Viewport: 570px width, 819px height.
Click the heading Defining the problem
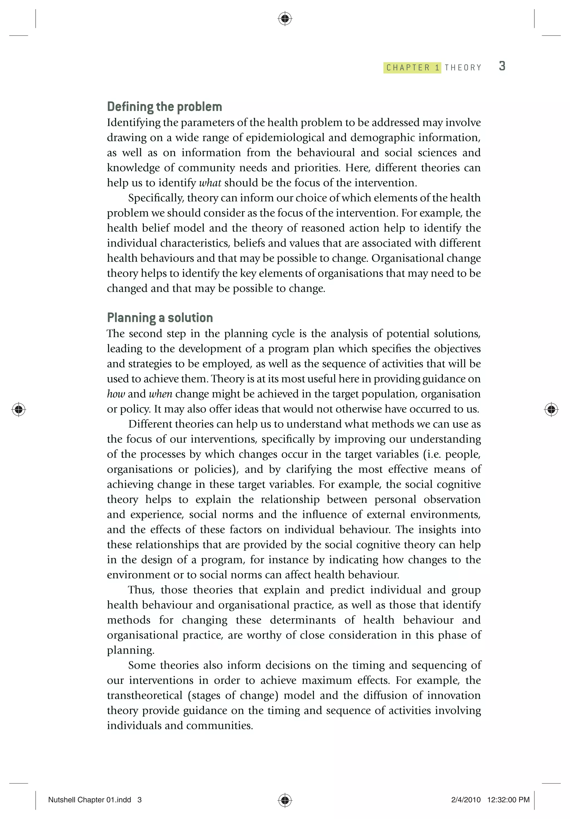coord(164,107)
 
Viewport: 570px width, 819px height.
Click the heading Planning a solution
coord(160,317)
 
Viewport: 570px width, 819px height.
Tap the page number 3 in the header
coord(502,66)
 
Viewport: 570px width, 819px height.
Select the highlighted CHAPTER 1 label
coord(412,67)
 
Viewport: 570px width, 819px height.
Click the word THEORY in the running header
coord(463,67)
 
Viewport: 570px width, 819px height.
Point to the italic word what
coord(210,183)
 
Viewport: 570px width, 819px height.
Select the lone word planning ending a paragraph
coord(130,650)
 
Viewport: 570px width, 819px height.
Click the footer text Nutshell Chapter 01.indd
coord(90,800)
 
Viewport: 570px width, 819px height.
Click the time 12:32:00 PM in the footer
coord(508,800)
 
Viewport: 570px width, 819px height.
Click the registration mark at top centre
coord(285,19)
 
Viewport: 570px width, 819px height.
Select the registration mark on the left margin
coord(19,409)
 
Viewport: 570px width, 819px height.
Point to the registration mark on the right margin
coord(551,409)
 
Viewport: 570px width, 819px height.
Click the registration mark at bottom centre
coord(285,800)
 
